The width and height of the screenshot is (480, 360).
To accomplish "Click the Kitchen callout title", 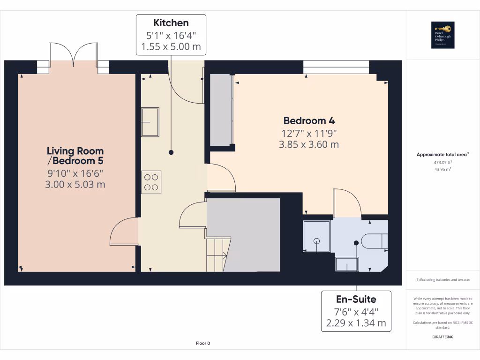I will (x=171, y=22).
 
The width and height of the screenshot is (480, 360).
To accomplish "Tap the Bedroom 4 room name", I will (x=308, y=120).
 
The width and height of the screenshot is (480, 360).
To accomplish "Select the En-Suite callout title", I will (x=356, y=299).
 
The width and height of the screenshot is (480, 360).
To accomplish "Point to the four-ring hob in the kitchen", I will (x=151, y=182).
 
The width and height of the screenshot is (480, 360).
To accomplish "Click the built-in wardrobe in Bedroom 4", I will (x=221, y=110).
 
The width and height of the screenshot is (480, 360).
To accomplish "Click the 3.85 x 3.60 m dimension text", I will (x=308, y=145).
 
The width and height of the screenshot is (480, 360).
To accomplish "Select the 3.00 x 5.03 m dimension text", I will (x=75, y=185).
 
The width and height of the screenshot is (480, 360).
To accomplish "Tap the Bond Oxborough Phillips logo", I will (x=443, y=35).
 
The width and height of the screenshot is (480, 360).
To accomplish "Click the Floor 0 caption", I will (x=203, y=343).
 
